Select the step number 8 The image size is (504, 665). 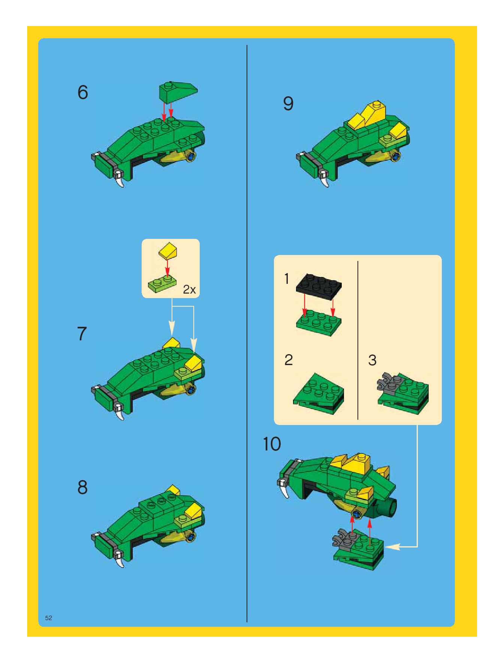click(x=82, y=487)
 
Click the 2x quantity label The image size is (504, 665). click(x=189, y=289)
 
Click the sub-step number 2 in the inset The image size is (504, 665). click(x=289, y=360)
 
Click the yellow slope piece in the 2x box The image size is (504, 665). click(x=168, y=250)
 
